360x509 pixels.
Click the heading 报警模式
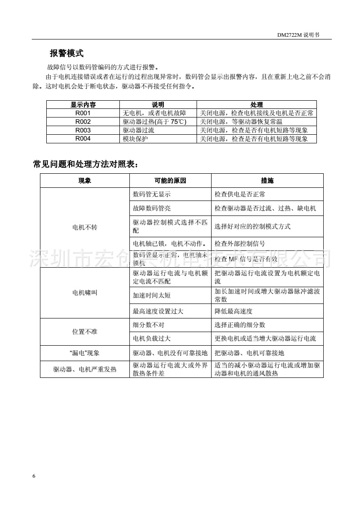click(x=66, y=53)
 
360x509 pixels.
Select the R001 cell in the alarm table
click(x=83, y=113)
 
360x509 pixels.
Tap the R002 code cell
click(x=83, y=122)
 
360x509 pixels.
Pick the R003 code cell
click(x=83, y=130)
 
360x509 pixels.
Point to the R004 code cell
click(x=83, y=139)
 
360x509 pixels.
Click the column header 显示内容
click(x=83, y=105)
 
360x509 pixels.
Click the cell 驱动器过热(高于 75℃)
click(x=155, y=122)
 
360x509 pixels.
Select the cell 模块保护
click(x=135, y=139)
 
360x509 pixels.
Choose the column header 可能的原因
click(x=170, y=181)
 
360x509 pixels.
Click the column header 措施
click(x=267, y=181)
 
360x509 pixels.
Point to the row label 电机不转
click(x=85, y=228)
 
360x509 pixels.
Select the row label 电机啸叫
click(x=85, y=293)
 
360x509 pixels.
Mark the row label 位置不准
click(x=85, y=332)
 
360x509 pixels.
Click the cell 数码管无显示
click(x=152, y=194)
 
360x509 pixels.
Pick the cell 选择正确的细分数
click(x=240, y=325)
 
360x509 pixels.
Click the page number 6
click(x=34, y=476)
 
